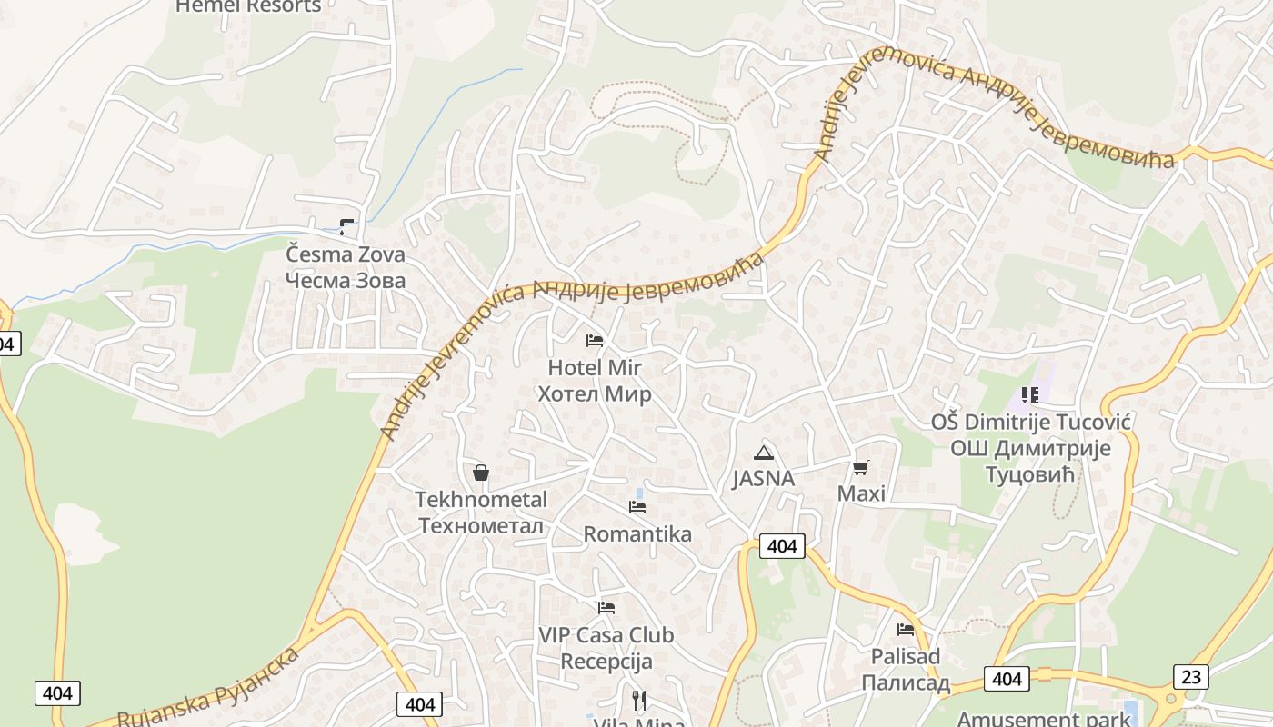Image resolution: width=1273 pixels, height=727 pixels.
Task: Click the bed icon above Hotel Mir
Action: pyautogui.click(x=595, y=341)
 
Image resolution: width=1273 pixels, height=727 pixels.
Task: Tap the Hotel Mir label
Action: pyautogui.click(x=595, y=381)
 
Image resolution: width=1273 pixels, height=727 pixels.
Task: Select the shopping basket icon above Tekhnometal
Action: pyautogui.click(x=481, y=473)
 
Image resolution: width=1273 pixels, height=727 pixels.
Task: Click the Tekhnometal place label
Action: pyautogui.click(x=481, y=513)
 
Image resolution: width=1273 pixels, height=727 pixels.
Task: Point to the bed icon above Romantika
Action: pyautogui.click(x=637, y=507)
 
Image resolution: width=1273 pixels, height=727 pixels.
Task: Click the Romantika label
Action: pyautogui.click(x=637, y=534)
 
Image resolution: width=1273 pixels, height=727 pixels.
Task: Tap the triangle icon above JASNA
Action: pyautogui.click(x=763, y=453)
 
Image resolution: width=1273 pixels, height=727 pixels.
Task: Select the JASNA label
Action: pyautogui.click(x=763, y=479)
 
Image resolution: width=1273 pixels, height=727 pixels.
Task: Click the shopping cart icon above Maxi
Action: pyautogui.click(x=860, y=468)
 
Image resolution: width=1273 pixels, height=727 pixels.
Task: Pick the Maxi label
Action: pyautogui.click(x=860, y=494)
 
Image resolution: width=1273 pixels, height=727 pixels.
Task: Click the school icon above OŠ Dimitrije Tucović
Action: pyautogui.click(x=1030, y=394)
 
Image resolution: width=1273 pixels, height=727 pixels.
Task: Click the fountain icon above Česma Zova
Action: pyautogui.click(x=346, y=226)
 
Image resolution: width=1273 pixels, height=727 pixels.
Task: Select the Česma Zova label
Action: pyautogui.click(x=346, y=267)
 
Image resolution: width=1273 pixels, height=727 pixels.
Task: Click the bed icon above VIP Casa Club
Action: pyautogui.click(x=606, y=608)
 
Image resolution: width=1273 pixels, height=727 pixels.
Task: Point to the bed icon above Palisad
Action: pyautogui.click(x=906, y=629)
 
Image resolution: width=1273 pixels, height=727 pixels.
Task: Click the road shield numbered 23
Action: pyautogui.click(x=1191, y=676)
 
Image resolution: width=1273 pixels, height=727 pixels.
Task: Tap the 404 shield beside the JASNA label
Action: pyautogui.click(x=782, y=545)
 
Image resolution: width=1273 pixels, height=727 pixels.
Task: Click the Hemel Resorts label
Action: pyautogui.click(x=248, y=6)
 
